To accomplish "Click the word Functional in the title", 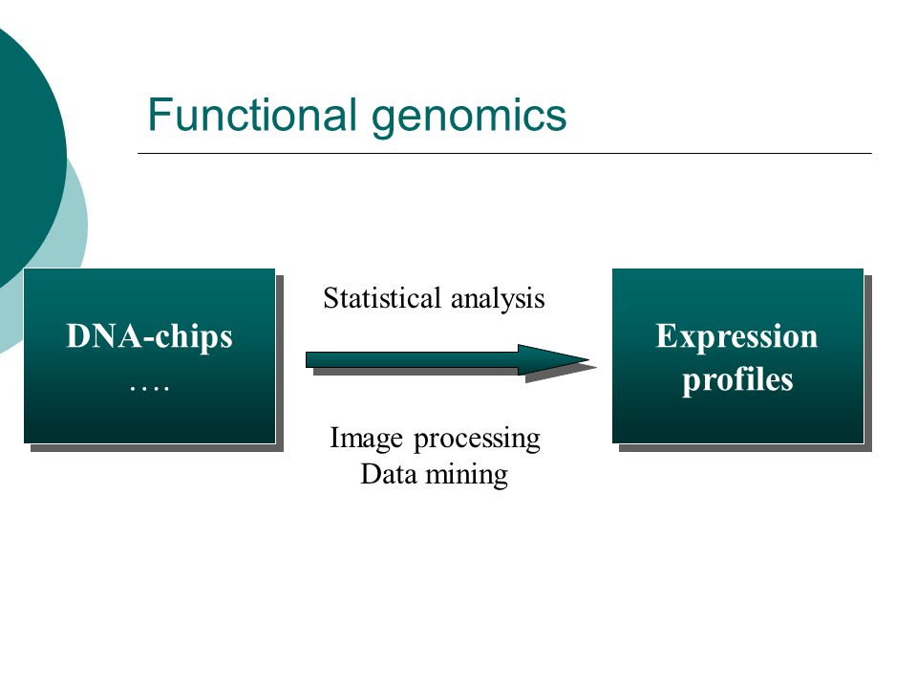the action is [252, 114].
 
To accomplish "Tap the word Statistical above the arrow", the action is [382, 298].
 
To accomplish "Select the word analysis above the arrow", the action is [498, 299].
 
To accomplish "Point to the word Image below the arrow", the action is [366, 439].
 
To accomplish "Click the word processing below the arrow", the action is [477, 440].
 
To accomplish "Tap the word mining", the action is [467, 475].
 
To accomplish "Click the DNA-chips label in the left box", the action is [150, 337].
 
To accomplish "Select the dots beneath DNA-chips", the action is [150, 387].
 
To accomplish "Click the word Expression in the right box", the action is [736, 337].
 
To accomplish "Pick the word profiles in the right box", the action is [737, 380].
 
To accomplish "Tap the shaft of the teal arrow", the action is [413, 360].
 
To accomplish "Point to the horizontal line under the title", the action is [504, 153].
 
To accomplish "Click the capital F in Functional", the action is [160, 115].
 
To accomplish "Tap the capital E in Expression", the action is [666, 335].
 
